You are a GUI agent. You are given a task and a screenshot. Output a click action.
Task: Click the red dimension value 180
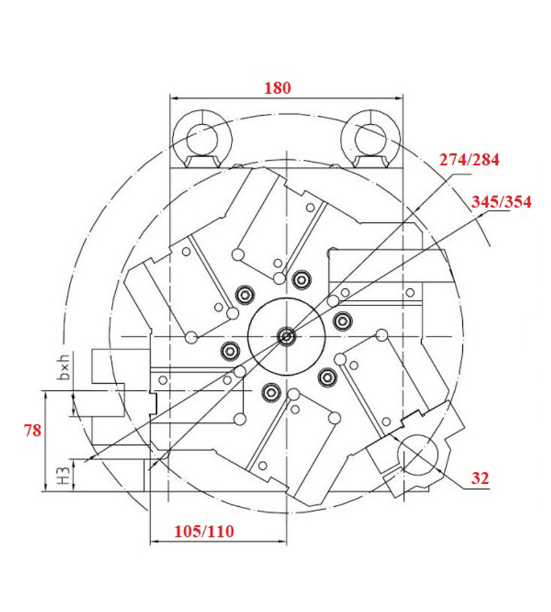click(277, 88)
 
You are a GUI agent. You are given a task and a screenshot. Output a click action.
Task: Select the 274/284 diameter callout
click(469, 160)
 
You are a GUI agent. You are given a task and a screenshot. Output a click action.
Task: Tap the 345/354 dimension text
click(501, 202)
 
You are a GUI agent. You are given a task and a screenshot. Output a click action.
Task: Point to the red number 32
click(480, 478)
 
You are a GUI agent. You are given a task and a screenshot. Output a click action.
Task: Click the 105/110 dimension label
click(204, 531)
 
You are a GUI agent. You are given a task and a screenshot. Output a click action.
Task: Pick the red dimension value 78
click(32, 430)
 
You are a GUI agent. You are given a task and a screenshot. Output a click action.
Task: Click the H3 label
click(64, 476)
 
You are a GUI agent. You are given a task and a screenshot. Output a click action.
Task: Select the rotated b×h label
click(64, 367)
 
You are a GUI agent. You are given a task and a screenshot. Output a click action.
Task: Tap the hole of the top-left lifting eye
click(202, 139)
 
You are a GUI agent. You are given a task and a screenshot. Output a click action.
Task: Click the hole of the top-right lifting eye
click(370, 139)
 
